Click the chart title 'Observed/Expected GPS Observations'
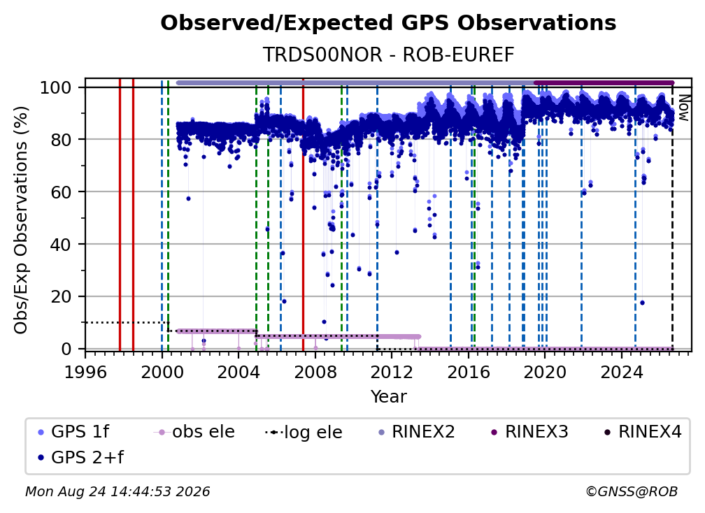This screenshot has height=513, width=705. pos(388,23)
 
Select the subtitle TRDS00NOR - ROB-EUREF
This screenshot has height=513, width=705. pos(388,55)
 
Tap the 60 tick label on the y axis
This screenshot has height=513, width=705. pos(61,192)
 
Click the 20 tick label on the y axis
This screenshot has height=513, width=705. pos(61,296)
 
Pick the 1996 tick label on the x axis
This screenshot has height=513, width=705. pos(85,373)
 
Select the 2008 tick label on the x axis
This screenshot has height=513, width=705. pos(315,373)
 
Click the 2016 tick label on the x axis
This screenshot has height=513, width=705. pos(469,373)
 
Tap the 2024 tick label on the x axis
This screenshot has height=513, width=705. pos(621,373)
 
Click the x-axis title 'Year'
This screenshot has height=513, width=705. pos(388,397)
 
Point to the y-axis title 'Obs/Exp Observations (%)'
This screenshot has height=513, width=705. pos(21,219)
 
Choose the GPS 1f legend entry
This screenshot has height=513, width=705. pos(73,432)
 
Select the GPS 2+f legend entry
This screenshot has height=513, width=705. pos(80,457)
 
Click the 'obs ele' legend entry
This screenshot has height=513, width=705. pos(194,432)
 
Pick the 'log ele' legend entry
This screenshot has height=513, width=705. pos(304,432)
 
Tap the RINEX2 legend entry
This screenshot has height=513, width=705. pos(416,432)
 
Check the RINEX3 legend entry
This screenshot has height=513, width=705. pos(529,432)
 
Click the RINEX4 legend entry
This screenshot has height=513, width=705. pos(643,432)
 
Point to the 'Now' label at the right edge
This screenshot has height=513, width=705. pos(683,108)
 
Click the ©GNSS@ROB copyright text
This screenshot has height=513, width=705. pos(632,491)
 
